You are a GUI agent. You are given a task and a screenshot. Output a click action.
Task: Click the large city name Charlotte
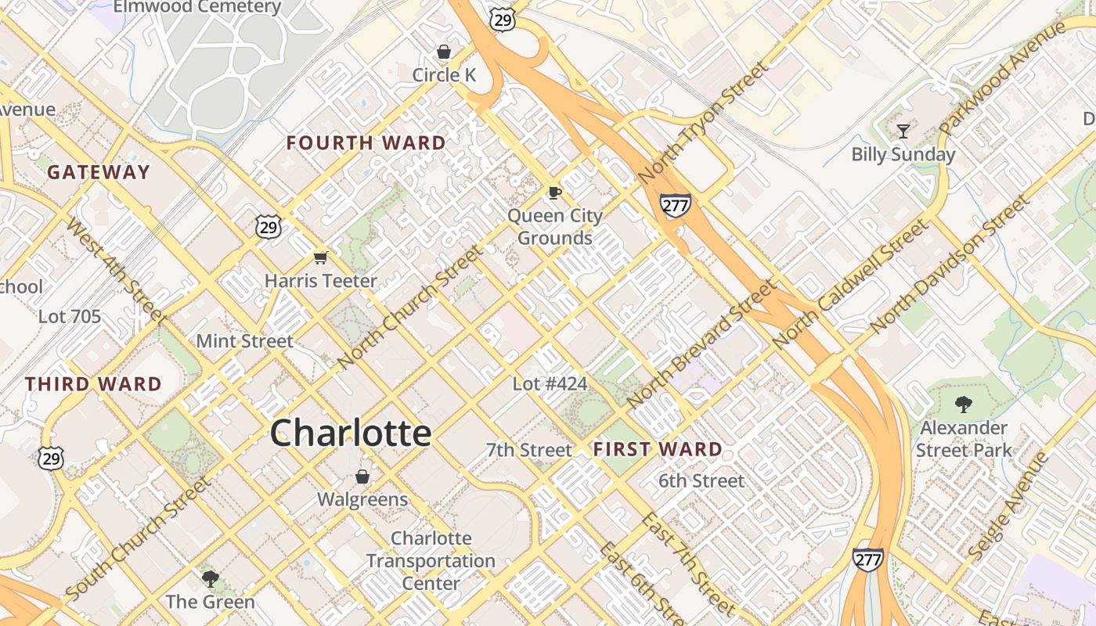point(351,433)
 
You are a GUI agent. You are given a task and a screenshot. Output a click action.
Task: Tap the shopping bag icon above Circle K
point(444,52)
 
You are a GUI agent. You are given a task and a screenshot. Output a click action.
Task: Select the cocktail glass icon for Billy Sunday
point(903,131)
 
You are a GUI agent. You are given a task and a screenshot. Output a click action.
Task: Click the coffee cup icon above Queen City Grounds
point(555,192)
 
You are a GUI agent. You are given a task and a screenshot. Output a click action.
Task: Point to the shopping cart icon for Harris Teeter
point(320,257)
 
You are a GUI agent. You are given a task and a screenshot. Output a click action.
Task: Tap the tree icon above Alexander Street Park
point(963,405)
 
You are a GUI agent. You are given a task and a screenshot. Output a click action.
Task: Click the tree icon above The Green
point(210,579)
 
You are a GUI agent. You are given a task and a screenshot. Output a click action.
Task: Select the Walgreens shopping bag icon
point(362,477)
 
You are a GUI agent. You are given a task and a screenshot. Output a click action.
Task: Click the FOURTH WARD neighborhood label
point(366,143)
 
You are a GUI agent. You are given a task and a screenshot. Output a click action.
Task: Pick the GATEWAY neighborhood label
point(99,172)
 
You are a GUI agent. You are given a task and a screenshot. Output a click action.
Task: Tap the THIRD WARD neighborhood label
point(93,384)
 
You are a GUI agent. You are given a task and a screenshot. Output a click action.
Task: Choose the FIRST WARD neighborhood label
point(658,449)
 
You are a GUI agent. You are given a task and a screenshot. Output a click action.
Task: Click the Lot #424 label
point(550,384)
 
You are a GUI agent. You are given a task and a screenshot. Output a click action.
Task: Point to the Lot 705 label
point(70,317)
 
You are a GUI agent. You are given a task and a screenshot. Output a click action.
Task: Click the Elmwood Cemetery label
point(197,8)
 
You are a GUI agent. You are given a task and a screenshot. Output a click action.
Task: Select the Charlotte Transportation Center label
point(431,561)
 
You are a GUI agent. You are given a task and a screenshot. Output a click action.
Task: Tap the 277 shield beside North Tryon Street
point(674,206)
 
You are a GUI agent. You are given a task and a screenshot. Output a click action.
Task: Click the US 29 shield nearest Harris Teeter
point(268,227)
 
